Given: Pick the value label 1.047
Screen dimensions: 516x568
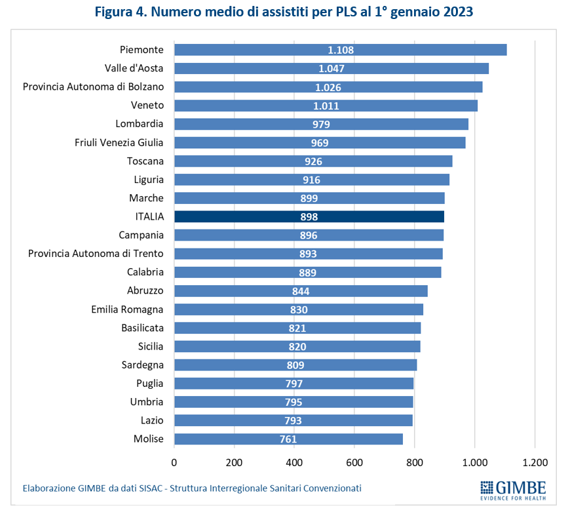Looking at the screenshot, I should tap(331, 69).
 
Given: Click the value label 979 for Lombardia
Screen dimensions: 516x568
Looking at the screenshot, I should tap(321, 124).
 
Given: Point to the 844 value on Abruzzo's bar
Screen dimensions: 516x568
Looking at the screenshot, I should tap(301, 291).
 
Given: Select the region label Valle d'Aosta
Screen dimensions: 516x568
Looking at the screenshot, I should tap(134, 68).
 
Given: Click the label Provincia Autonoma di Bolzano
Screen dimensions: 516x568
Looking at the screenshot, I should tap(94, 87).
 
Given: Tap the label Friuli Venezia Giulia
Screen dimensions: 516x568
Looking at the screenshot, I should tap(119, 142).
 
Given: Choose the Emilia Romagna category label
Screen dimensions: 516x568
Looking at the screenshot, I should tap(128, 309).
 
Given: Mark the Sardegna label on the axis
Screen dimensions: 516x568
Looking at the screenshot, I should tap(143, 365).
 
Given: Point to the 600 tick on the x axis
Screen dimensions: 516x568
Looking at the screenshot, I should tap(354, 462).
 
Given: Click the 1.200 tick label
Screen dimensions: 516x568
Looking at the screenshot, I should tap(535, 462).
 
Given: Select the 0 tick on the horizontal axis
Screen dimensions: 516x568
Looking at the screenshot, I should tap(174, 462).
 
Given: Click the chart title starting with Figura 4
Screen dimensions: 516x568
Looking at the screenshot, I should tap(284, 12).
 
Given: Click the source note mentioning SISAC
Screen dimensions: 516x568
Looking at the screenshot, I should tap(192, 488).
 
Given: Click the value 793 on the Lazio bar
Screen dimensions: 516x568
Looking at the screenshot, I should tap(293, 421).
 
